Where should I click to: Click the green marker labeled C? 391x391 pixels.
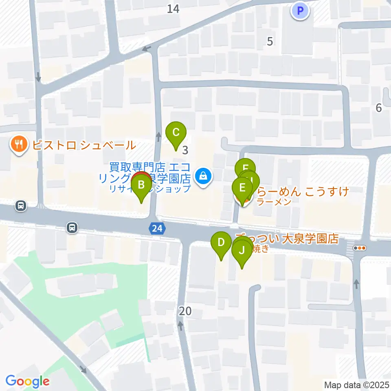tap(176, 133)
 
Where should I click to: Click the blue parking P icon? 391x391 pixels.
tap(300, 11)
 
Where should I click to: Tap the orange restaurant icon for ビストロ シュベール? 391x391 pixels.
tap(19, 144)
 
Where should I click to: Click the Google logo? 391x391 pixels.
tap(27, 381)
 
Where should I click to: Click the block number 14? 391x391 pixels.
tap(173, 9)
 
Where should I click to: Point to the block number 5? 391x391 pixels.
tap(269, 41)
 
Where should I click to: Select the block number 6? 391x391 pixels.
tap(379, 108)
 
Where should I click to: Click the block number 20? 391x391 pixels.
tap(185, 312)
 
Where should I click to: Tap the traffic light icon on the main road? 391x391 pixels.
tap(360, 248)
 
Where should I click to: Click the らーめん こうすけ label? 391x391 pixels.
tap(301, 191)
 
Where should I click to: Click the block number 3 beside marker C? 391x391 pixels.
tap(185, 151)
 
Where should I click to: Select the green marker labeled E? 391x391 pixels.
tap(242, 189)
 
